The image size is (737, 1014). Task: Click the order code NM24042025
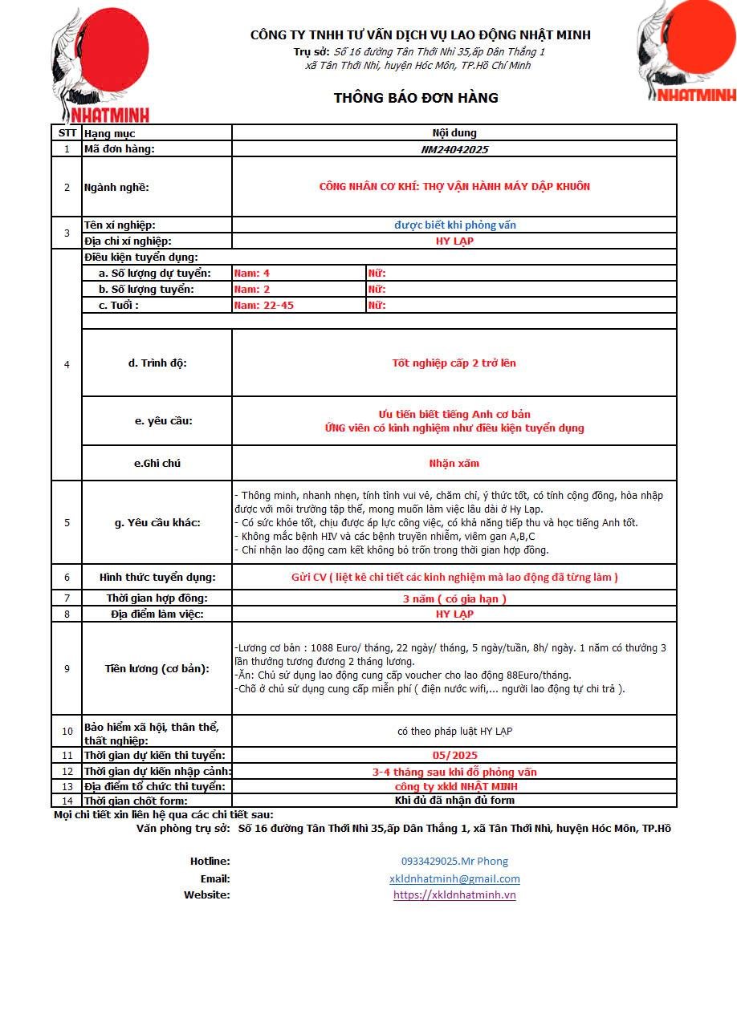[x=454, y=149]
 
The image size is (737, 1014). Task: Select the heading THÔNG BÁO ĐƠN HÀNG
[x=416, y=98]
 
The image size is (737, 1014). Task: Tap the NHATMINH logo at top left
[x=101, y=64]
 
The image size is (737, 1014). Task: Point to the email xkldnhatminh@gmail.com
[x=454, y=878]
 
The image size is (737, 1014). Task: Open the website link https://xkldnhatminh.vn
[x=454, y=894]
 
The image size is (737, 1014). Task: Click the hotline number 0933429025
[x=454, y=861]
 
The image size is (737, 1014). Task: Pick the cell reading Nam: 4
[x=251, y=274]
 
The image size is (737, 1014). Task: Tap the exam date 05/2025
[x=454, y=755]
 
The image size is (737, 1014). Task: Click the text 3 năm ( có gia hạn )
[x=454, y=598]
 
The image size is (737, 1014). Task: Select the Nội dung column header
[x=454, y=133]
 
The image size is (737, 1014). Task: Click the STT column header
[x=67, y=133]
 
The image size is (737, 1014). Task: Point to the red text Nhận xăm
[x=454, y=464]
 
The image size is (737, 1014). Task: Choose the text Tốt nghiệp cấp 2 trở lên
[x=454, y=363]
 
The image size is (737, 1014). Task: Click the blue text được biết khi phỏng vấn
[x=454, y=225]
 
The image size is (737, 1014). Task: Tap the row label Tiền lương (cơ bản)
[x=157, y=668]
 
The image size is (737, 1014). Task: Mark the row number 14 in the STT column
[x=67, y=801]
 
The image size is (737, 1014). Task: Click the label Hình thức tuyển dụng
[x=157, y=578]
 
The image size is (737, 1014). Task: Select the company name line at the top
[x=420, y=35]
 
